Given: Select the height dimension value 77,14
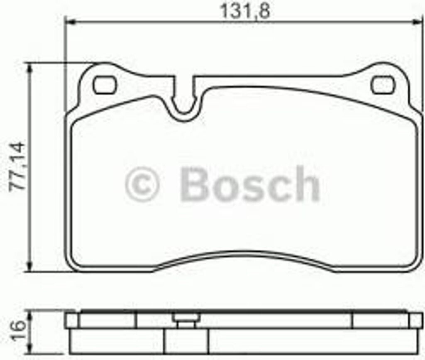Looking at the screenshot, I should tap(17, 166).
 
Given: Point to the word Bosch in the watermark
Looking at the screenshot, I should tap(249, 184).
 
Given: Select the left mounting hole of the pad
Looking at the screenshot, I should tap(104, 85).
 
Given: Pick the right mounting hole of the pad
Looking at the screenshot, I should tap(383, 85).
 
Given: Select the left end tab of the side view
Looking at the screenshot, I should tap(72, 320).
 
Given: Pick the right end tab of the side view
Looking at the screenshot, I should tap(416, 320).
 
